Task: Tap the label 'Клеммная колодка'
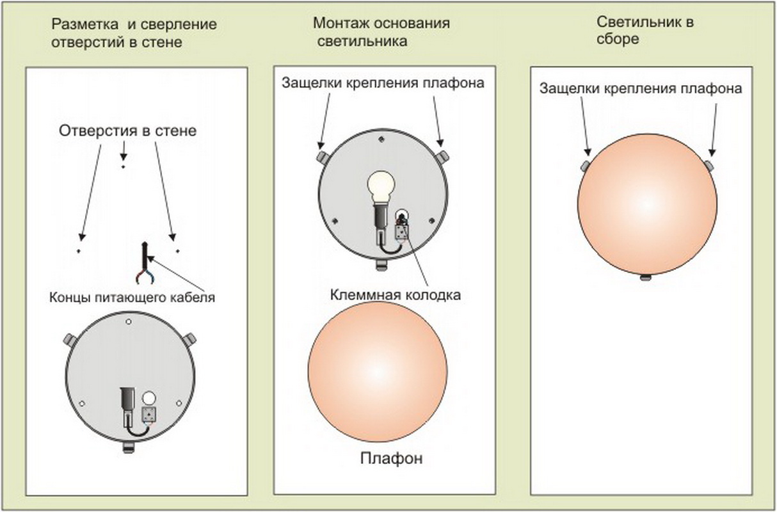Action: click(396, 295)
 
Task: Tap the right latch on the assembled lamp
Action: click(709, 166)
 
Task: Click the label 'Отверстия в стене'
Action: click(127, 131)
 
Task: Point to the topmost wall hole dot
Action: click(123, 166)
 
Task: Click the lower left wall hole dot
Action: click(79, 251)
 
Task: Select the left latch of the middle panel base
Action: click(323, 156)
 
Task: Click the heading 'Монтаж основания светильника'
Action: click(381, 32)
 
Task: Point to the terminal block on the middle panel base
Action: click(402, 231)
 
